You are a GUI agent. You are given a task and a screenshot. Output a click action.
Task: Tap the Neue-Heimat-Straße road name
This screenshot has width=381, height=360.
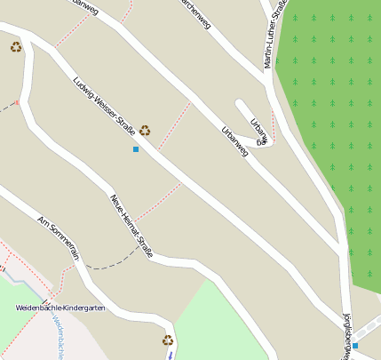click(131, 225)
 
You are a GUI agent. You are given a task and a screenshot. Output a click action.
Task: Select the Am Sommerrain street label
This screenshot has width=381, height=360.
click(59, 237)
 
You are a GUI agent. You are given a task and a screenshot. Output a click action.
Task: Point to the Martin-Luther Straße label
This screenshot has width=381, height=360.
click(275, 34)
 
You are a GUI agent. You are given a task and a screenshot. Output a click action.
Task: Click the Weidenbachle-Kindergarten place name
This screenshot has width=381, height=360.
click(60, 308)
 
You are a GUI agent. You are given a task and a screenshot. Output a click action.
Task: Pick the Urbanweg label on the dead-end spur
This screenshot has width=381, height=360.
click(258, 131)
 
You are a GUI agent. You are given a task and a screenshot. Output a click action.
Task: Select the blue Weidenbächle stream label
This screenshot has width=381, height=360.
click(57, 338)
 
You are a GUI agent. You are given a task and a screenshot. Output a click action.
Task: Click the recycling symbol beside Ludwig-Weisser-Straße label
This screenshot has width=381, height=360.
click(144, 131)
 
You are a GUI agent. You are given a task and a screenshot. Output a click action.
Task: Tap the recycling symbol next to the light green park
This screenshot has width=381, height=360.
click(167, 340)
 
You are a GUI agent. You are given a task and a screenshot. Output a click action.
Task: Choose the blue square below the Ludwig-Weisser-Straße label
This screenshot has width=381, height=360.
click(136, 149)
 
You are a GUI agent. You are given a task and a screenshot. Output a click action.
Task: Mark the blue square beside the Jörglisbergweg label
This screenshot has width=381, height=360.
click(355, 345)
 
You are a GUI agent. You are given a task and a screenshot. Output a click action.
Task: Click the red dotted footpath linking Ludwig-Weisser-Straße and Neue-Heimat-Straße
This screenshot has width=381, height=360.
click(158, 203)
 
